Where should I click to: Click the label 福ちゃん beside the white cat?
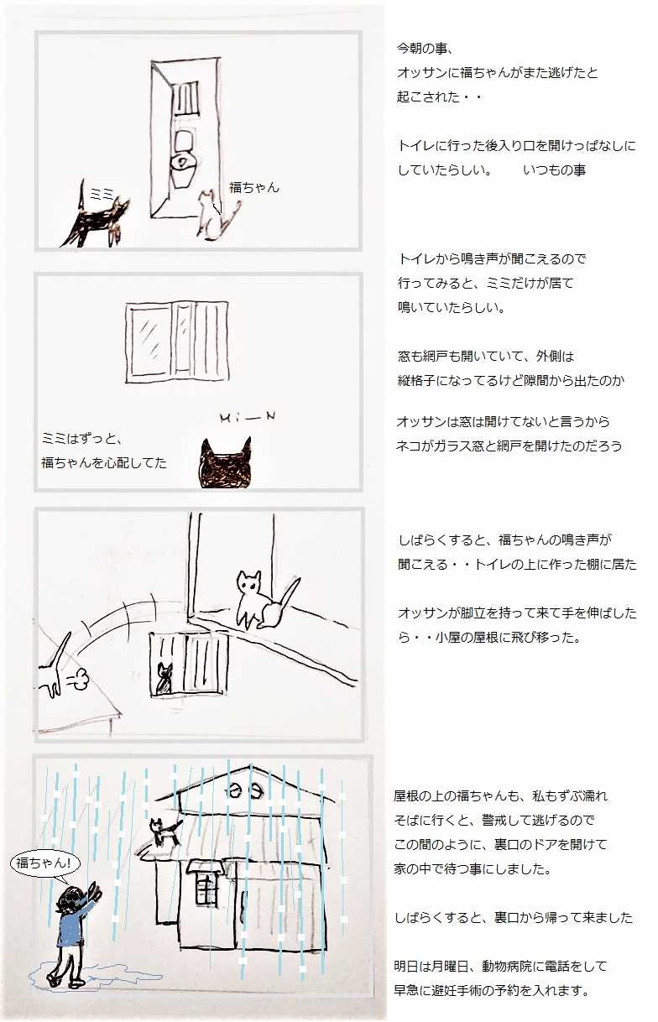point(254,187)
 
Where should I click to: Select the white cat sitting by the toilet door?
point(216,215)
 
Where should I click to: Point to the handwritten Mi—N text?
point(248,418)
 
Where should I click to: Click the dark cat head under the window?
point(226,462)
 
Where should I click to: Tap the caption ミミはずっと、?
point(81,439)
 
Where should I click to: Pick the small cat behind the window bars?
point(164,678)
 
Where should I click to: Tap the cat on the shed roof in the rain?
point(165,831)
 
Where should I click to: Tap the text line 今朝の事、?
point(425,49)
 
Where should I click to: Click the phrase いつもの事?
point(555,169)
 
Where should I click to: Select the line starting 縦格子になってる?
point(510,380)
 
